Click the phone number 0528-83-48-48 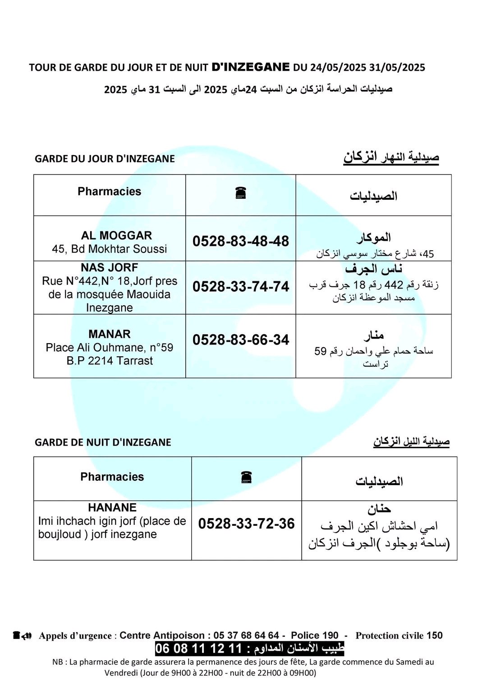tap(240, 241)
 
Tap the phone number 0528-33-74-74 tap(240, 287)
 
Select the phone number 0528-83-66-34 tap(240, 340)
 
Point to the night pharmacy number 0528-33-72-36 tap(246, 524)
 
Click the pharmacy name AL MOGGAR tap(110, 235)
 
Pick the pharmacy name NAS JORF tap(110, 267)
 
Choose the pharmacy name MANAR tap(110, 334)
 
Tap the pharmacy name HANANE tap(112, 508)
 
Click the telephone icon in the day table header tap(241, 193)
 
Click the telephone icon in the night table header tap(246, 477)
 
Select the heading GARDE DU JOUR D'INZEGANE tap(105, 159)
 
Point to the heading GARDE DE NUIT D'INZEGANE tap(103, 442)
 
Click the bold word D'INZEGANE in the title tap(251, 67)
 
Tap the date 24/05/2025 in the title tap(338, 68)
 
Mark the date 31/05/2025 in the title tap(397, 68)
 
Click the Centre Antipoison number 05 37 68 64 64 tap(246, 635)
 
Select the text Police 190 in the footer tap(314, 635)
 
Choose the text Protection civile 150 tap(399, 635)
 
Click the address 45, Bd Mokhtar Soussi tap(110, 249)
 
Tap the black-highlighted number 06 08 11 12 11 tap(199, 648)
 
